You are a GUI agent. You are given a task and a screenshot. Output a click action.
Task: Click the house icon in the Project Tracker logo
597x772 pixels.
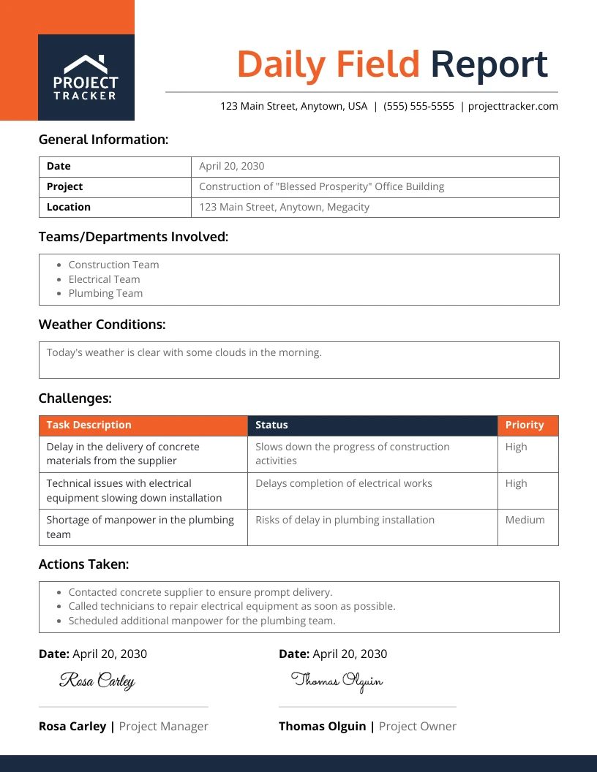click(86, 63)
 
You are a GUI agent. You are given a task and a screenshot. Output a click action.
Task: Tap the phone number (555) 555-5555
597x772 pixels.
click(418, 106)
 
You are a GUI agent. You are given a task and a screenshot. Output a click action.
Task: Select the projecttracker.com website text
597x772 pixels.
click(513, 106)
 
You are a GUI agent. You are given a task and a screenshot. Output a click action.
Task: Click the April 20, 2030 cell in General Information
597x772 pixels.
click(232, 166)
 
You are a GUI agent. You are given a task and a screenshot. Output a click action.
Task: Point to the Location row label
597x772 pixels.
click(69, 207)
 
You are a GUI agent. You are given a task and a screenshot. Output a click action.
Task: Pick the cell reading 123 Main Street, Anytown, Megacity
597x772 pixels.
click(284, 207)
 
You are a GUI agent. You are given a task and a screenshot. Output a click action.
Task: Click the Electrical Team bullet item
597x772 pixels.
click(104, 279)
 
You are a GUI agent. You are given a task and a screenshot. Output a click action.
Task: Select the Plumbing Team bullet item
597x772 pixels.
click(105, 293)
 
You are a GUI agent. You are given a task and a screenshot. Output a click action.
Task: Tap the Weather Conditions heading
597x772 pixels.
click(102, 324)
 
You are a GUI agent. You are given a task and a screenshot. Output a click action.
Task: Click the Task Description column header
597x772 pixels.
click(89, 425)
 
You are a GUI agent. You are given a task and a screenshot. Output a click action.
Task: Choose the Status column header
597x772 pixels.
click(271, 425)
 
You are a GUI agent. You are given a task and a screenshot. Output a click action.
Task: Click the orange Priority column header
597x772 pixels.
click(525, 425)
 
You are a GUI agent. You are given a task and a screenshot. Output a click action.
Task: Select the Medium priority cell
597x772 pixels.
click(525, 520)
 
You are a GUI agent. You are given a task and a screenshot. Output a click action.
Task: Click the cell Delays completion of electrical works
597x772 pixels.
click(343, 483)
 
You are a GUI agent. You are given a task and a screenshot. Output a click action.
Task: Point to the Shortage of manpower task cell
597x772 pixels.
click(140, 526)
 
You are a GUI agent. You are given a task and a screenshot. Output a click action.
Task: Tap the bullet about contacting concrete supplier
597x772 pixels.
click(200, 592)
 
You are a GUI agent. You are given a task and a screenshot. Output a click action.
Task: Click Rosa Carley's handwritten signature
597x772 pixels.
click(97, 681)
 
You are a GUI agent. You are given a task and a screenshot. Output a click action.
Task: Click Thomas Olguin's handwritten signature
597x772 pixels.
click(337, 681)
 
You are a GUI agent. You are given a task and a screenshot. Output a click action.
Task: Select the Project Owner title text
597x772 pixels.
click(417, 726)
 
